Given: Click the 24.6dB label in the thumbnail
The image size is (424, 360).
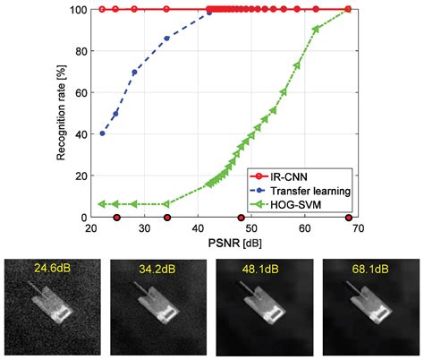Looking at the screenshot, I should tap(51, 267).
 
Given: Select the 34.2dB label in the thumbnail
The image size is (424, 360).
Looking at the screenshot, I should tap(157, 267).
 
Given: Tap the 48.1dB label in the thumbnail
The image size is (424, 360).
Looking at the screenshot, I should tap(262, 267).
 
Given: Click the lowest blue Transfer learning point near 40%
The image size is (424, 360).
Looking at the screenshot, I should tap(102, 133).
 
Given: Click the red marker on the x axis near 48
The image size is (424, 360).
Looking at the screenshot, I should tap(240, 218).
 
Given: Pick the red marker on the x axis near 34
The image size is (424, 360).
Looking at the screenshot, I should tap(166, 218).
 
